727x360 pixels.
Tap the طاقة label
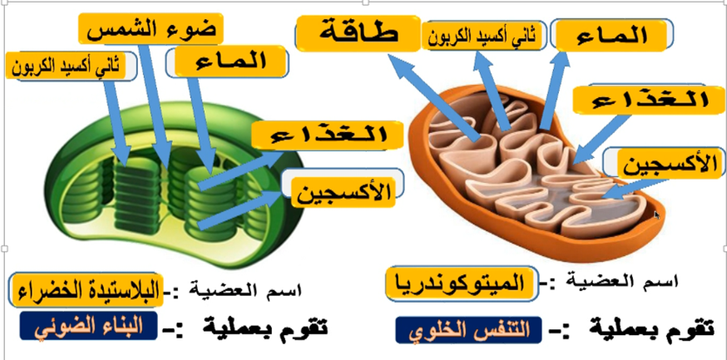[x=359, y=35]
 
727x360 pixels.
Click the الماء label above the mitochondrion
[x=613, y=36]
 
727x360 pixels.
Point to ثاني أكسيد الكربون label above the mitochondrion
[x=482, y=35]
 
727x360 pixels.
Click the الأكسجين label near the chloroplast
[x=343, y=194]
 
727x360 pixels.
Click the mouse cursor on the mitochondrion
[x=656, y=215]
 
